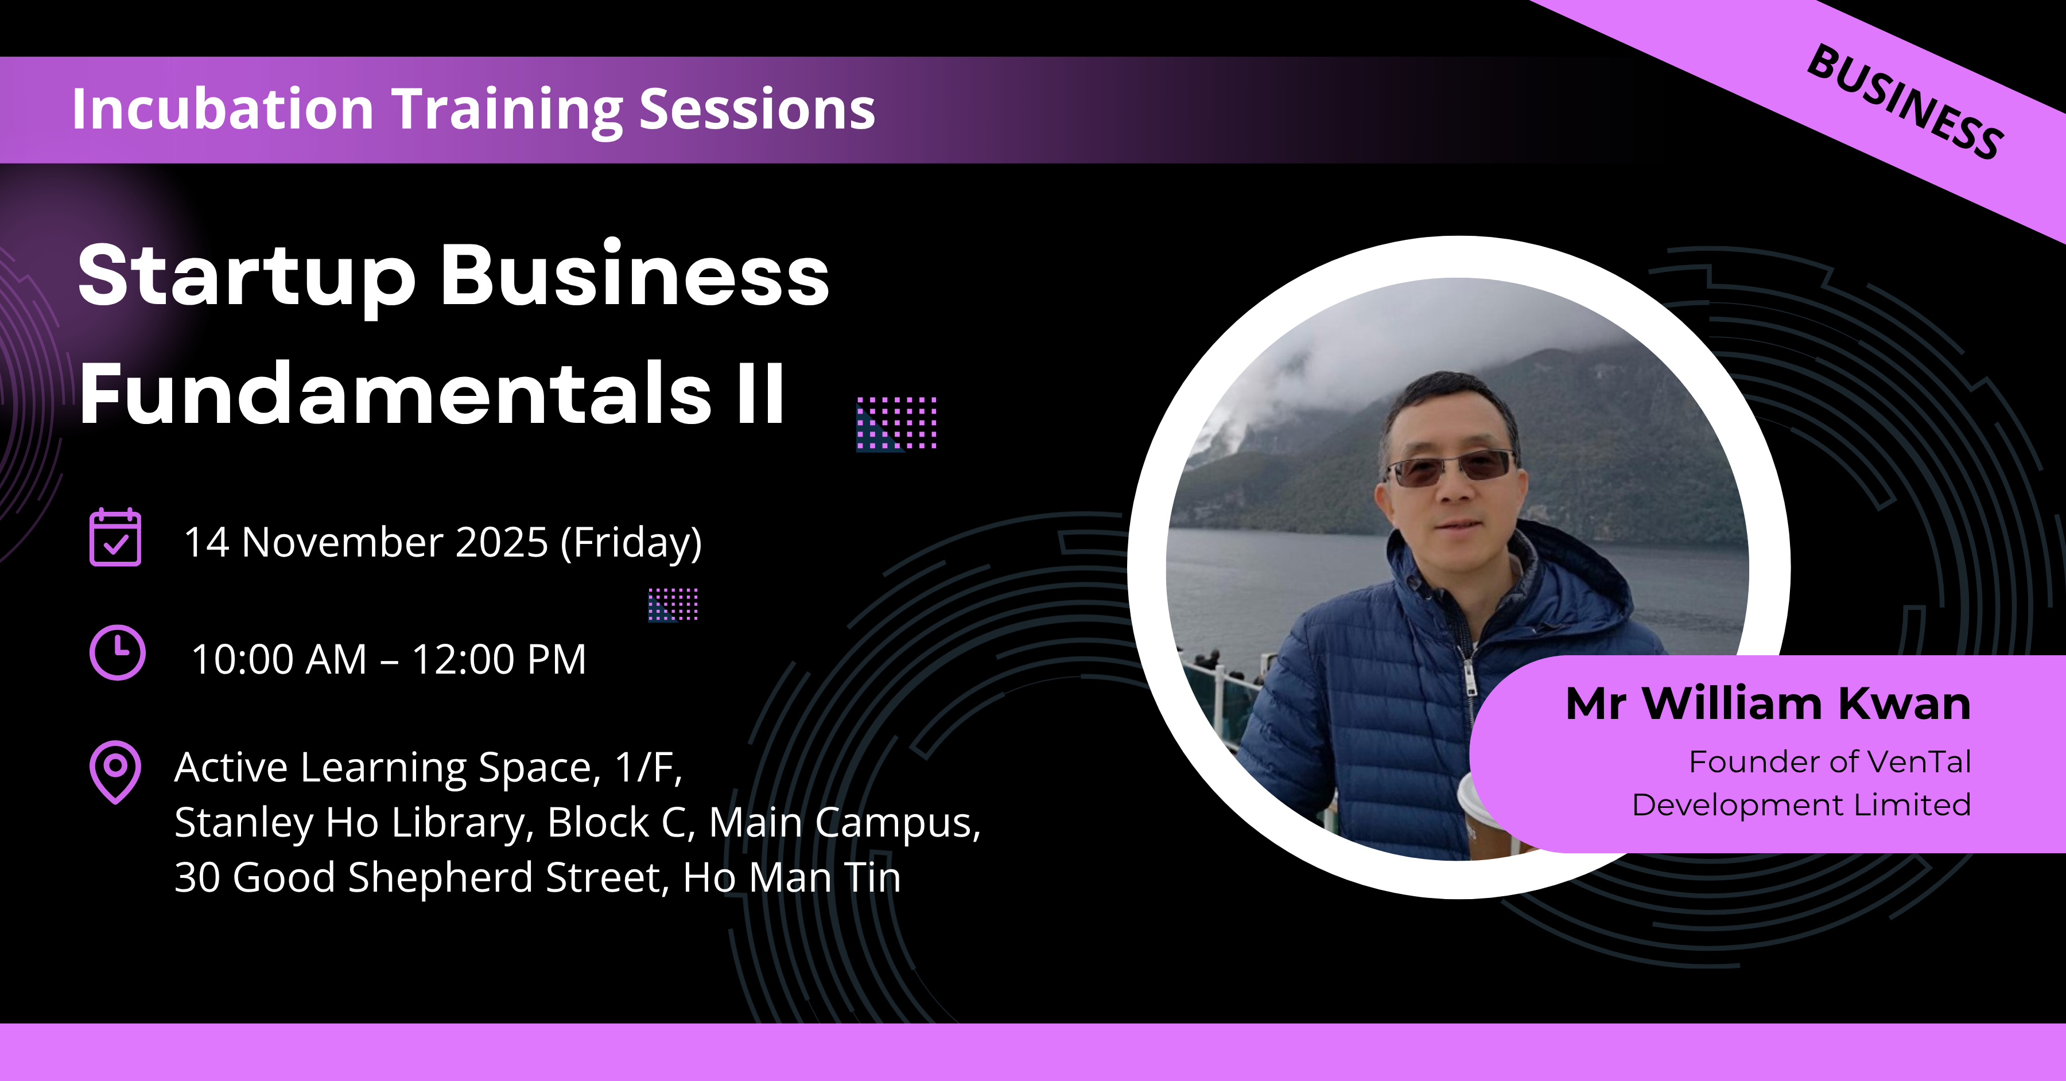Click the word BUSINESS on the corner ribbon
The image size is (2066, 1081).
click(1905, 102)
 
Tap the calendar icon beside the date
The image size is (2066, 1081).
click(115, 537)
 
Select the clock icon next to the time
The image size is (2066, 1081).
click(117, 653)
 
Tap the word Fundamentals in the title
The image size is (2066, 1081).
click(395, 394)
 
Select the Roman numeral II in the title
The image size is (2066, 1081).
click(760, 393)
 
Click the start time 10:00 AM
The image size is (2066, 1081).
click(279, 660)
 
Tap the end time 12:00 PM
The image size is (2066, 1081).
click(499, 660)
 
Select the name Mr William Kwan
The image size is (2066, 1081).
click(1769, 704)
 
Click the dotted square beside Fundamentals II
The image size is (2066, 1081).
click(896, 423)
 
